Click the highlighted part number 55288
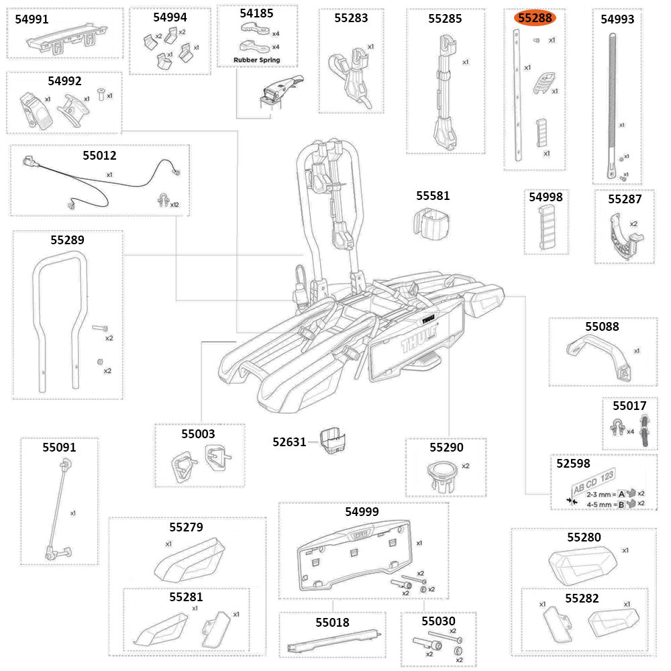click(535, 18)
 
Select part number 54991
click(32, 19)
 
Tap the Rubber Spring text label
click(257, 60)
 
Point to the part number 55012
click(99, 156)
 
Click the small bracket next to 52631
click(332, 442)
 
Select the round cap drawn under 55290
click(443, 473)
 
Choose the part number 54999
click(362, 512)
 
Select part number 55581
click(433, 196)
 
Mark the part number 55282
click(582, 598)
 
